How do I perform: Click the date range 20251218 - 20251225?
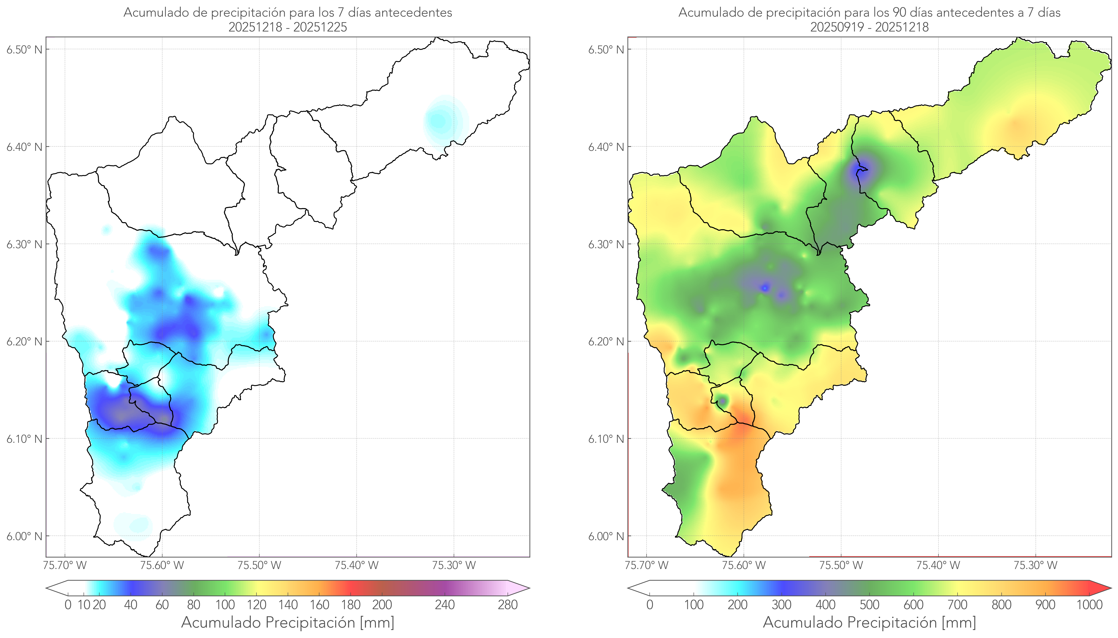click(x=288, y=27)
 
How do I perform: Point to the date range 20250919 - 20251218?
click(x=869, y=27)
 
